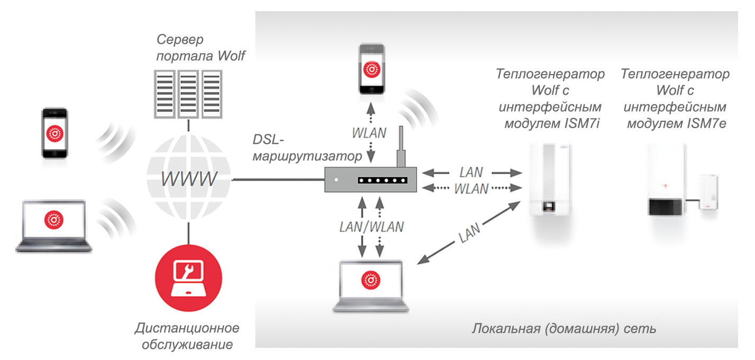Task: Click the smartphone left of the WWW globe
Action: (x=55, y=133)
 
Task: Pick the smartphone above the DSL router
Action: (x=371, y=69)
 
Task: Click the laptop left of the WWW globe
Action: (x=53, y=225)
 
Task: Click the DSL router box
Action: (x=370, y=180)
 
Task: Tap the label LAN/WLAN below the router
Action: (x=371, y=227)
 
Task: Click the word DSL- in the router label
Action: (x=269, y=140)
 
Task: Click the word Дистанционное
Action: (x=186, y=328)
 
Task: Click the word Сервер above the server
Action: (x=180, y=40)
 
